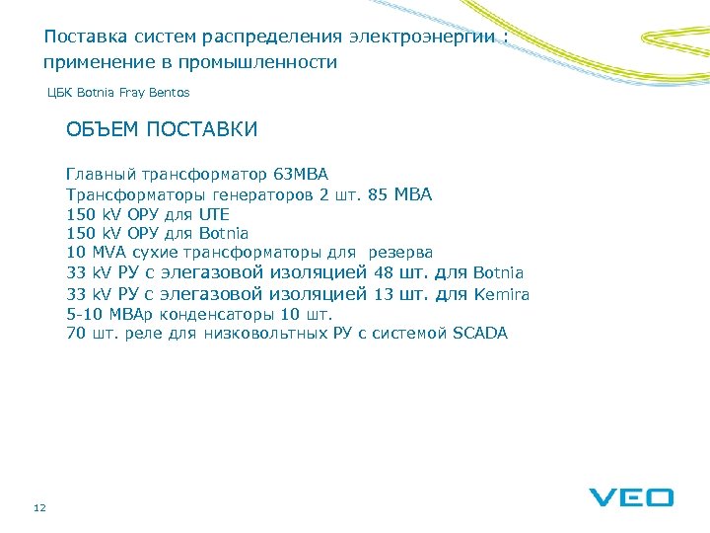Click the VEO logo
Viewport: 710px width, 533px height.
coord(631,497)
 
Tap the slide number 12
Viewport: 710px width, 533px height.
coord(39,507)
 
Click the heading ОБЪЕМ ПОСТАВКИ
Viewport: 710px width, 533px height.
coord(162,129)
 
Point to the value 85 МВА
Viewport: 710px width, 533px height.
coord(399,194)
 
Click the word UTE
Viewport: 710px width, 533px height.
coord(213,214)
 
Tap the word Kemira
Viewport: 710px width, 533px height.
coord(502,294)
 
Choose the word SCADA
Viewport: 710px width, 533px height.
coord(479,334)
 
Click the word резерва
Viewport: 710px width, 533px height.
coord(400,253)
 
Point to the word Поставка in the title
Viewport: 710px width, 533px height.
coord(79,38)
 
